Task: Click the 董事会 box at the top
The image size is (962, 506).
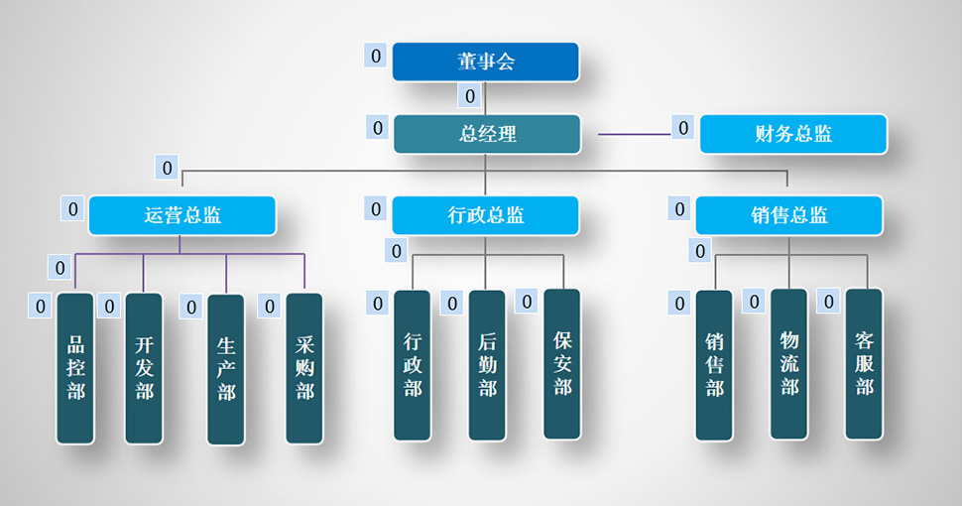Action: point(485,62)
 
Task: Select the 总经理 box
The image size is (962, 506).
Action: point(487,134)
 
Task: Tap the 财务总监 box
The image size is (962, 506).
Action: point(792,134)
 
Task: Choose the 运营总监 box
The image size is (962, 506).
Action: point(181,215)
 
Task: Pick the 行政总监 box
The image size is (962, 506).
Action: point(485,215)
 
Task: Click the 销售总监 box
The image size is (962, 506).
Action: point(788,215)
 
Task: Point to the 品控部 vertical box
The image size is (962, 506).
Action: point(75,368)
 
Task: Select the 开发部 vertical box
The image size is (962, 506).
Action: point(144,368)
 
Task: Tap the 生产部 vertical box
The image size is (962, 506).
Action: point(226,369)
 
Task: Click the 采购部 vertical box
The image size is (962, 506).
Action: point(304,368)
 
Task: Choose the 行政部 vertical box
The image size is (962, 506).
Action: point(413,365)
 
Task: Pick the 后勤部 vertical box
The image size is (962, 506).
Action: point(487,365)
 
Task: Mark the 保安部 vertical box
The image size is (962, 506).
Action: point(562,363)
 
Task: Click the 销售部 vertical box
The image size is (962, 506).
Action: point(714,365)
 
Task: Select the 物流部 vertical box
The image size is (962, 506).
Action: point(789,364)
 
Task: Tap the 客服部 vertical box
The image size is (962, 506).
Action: point(864,363)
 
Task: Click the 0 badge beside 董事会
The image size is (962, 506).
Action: point(376,56)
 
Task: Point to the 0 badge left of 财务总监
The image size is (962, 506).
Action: point(682,127)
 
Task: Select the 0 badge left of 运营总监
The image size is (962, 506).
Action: point(72,208)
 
